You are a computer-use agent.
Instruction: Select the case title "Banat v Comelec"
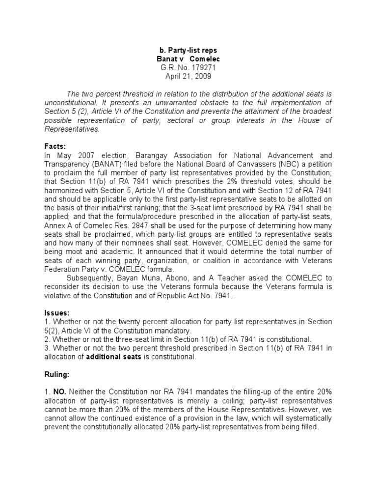point(188,59)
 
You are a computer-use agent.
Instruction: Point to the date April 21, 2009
point(188,77)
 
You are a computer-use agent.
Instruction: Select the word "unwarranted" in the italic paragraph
point(171,103)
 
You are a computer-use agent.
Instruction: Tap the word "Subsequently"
point(92,279)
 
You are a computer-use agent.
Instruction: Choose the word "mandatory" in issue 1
point(175,331)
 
